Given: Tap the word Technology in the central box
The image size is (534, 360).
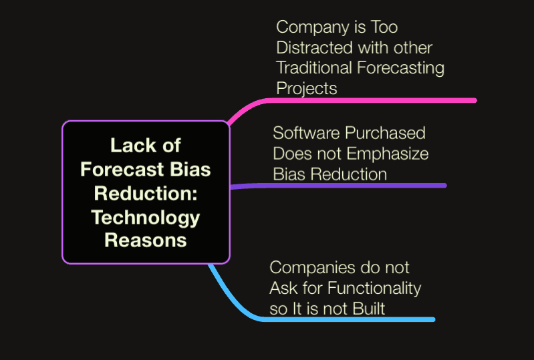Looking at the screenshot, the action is click(146, 218).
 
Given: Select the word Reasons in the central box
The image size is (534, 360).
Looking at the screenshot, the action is click(146, 240).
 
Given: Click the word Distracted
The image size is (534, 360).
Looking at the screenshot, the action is click(315, 47).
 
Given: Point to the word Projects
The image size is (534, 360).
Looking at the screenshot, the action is click(307, 89).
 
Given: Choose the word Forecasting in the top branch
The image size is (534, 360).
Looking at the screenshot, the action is click(401, 68).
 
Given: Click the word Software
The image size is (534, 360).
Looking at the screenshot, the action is click(306, 133).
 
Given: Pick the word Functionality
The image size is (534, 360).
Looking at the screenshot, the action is click(374, 289).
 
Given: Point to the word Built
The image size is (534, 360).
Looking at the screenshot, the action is click(368, 309).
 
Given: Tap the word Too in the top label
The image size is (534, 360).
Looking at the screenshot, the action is click(384, 27).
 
